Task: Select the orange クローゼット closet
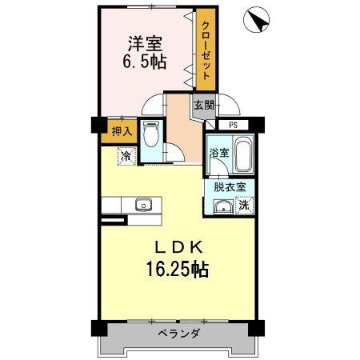(x=206, y=51)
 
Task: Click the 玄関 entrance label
(x=203, y=104)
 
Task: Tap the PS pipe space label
(x=233, y=125)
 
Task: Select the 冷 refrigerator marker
(x=127, y=156)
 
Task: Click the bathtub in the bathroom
(x=243, y=153)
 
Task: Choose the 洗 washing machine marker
(x=244, y=205)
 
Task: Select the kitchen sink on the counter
(x=144, y=204)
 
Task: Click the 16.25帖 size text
(x=177, y=270)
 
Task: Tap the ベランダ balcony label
(x=178, y=333)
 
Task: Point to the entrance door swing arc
(x=227, y=104)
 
